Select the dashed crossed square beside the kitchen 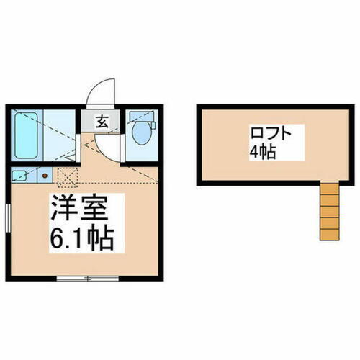coord(67,175)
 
